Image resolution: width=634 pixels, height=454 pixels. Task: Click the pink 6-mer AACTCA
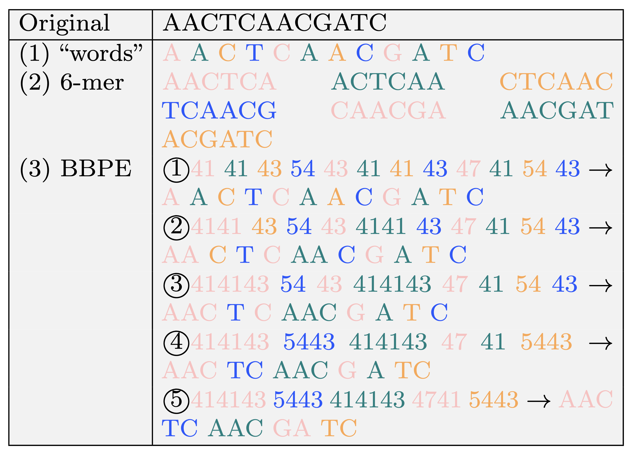click(x=220, y=82)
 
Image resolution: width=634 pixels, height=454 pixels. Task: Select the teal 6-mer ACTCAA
click(x=388, y=82)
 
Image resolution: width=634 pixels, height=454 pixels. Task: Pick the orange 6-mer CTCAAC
click(x=556, y=82)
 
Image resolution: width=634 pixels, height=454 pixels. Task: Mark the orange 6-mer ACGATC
click(x=217, y=139)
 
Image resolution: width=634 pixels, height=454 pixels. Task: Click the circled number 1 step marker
click(x=176, y=170)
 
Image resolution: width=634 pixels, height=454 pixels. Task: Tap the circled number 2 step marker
click(x=176, y=227)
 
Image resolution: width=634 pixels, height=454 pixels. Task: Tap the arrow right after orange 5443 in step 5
click(x=539, y=401)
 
